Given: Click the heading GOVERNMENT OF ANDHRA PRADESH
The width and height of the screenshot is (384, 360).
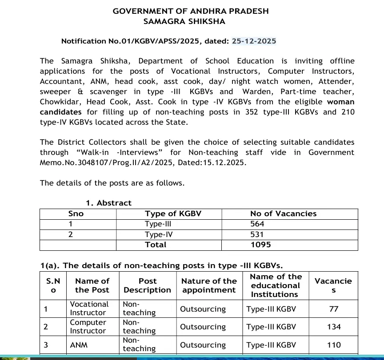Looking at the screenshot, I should click(191, 11).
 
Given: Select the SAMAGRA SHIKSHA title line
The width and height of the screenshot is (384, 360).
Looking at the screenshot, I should click(184, 21).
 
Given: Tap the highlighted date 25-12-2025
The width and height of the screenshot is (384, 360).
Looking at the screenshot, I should click(254, 41).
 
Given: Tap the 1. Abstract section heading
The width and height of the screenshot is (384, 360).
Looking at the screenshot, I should click(108, 203).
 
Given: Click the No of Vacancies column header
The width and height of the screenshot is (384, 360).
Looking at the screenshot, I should click(283, 214).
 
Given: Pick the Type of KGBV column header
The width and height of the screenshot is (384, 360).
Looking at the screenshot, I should click(173, 214).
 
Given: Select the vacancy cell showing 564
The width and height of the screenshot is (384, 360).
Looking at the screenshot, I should click(257, 224).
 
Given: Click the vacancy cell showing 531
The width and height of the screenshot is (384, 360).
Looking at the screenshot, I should click(257, 234).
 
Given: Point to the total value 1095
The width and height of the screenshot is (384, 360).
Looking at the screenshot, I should click(260, 245).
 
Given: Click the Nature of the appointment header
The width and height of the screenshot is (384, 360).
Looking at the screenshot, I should click(209, 285).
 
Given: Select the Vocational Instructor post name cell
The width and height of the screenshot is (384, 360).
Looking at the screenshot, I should click(89, 309).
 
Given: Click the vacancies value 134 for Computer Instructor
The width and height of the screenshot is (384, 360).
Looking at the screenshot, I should click(333, 327).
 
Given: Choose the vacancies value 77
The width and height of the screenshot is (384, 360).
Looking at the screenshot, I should click(333, 309).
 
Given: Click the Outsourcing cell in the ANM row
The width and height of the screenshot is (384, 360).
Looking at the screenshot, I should click(203, 345).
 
